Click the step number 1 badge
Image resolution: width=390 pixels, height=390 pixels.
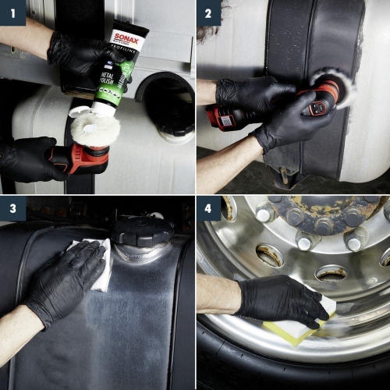12,12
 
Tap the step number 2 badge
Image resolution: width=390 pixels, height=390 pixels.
207,12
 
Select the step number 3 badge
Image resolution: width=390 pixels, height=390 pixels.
12,208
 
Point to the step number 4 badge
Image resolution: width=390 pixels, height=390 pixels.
207,208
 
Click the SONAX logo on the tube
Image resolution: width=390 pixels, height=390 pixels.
124,37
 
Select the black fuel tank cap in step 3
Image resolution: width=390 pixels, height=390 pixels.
141,230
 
